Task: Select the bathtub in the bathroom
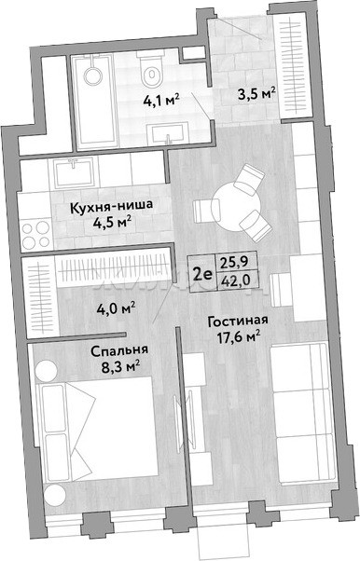(94, 103)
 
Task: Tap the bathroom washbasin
(169, 133)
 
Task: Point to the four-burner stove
(35, 234)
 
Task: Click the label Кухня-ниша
(111, 207)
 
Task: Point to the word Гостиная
(238, 321)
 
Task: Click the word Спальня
(119, 350)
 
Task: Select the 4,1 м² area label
(160, 101)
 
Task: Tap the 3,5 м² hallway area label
(256, 94)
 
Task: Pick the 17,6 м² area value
(239, 337)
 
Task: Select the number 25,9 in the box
(235, 263)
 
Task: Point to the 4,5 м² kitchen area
(111, 224)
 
